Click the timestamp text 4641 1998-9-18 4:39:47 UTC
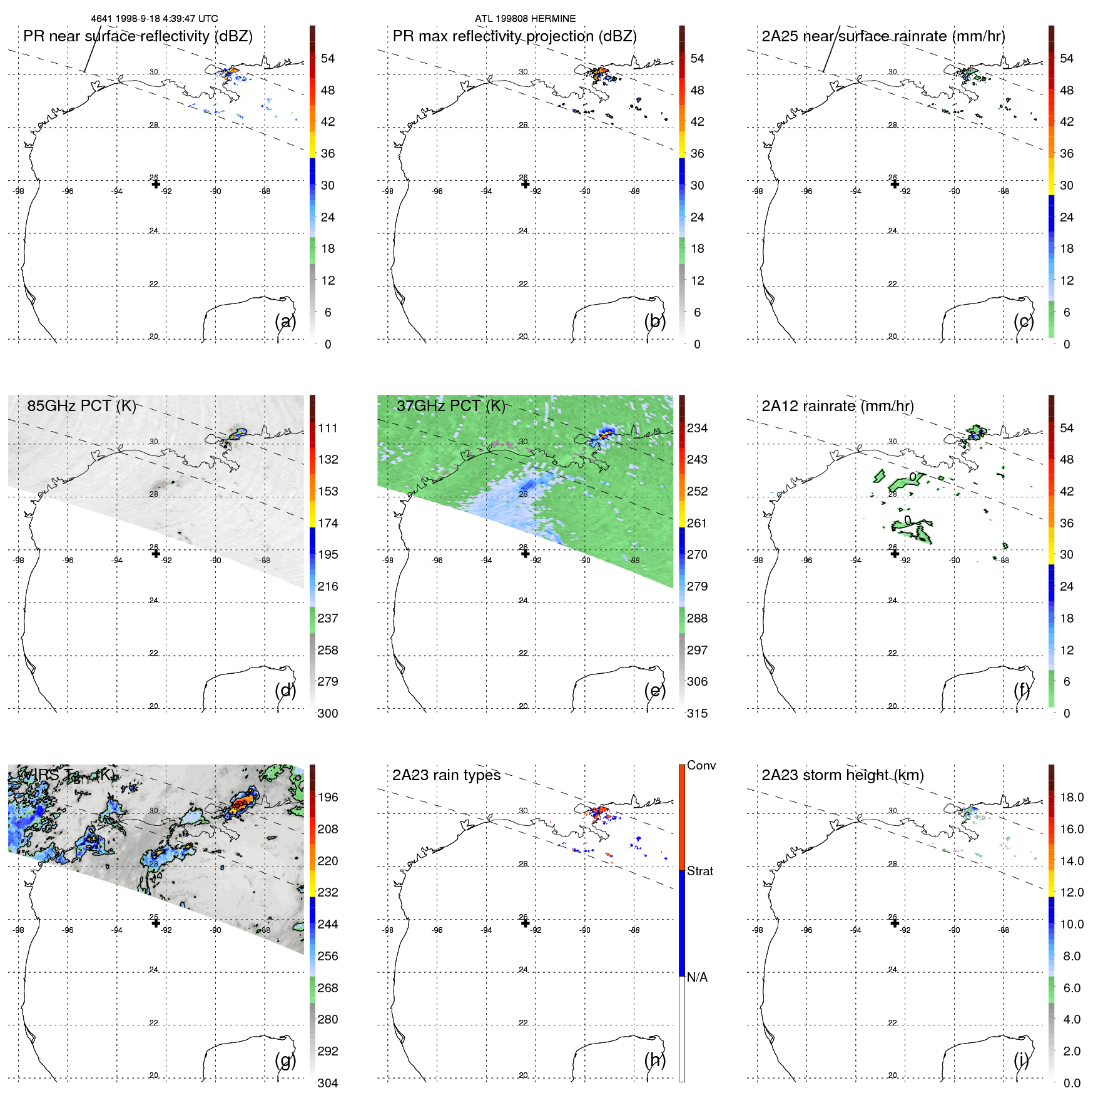[x=155, y=19]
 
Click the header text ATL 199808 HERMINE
[x=525, y=19]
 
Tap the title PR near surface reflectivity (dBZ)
[x=138, y=36]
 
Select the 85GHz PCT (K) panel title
[x=81, y=406]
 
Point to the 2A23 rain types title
[x=446, y=775]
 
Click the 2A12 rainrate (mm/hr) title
[x=838, y=406]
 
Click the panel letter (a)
[x=285, y=322]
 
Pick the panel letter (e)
[x=655, y=691]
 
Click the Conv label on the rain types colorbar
[x=701, y=766]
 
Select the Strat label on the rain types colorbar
[x=699, y=872]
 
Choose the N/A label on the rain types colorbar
[x=697, y=977]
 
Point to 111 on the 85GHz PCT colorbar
[x=328, y=429]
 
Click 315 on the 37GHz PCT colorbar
[x=697, y=714]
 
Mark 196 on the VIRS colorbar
[x=328, y=798]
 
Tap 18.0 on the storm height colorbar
[x=1072, y=798]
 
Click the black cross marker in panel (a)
[x=156, y=184]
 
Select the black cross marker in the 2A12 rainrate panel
[x=895, y=553]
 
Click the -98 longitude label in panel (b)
[x=388, y=191]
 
